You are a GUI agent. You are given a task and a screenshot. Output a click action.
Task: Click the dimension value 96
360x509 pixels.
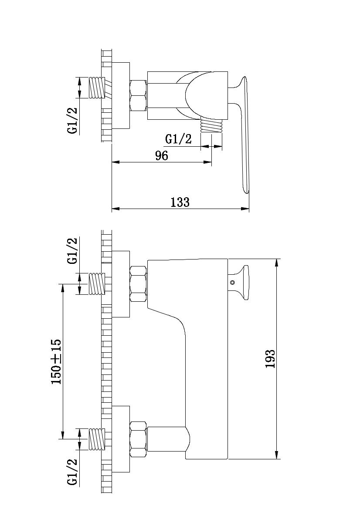tap(162, 156)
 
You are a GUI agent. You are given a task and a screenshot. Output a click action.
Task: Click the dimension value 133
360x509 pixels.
tap(180, 202)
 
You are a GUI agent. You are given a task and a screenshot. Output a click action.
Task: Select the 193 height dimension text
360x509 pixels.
tap(270, 359)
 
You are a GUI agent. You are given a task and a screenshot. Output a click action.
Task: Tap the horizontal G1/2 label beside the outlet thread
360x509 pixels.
tap(178, 139)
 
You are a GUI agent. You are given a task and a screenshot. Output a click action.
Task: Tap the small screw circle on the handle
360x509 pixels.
tap(232, 282)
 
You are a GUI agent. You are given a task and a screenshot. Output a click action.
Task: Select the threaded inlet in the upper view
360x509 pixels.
tap(97, 88)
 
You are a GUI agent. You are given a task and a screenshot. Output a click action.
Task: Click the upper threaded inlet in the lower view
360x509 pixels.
tap(97, 284)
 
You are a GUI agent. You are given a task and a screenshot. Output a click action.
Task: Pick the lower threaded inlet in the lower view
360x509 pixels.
tap(97, 439)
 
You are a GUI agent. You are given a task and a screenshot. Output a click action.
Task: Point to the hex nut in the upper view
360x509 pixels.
tap(139, 96)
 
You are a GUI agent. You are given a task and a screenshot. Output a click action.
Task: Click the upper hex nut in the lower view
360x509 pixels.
tap(139, 284)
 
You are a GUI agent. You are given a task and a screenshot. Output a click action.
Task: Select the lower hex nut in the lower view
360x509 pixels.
tap(139, 439)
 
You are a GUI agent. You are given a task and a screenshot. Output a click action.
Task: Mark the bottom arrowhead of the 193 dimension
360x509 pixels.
tap(277, 455)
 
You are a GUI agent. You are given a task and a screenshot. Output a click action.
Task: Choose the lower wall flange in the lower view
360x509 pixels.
tap(121, 439)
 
